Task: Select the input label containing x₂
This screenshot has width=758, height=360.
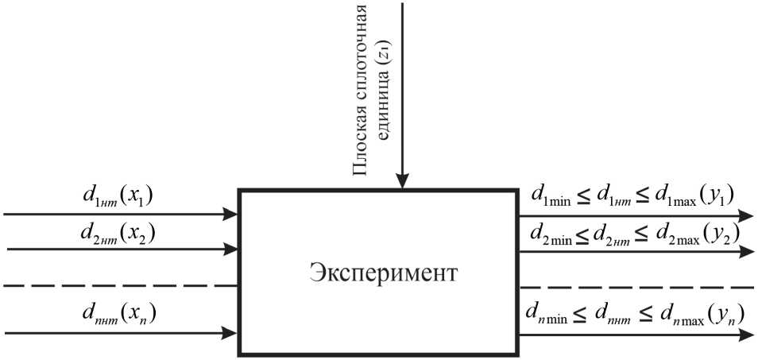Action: click(x=116, y=234)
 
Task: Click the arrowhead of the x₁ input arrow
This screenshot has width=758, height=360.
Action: click(x=231, y=215)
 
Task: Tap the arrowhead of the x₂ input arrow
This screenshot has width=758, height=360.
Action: click(x=231, y=249)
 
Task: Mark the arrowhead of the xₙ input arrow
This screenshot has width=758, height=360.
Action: click(x=231, y=334)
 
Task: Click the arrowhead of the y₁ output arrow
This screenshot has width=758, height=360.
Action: click(x=747, y=215)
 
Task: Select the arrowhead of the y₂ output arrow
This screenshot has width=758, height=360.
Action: click(x=747, y=252)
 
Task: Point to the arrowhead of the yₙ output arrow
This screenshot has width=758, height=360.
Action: click(x=747, y=335)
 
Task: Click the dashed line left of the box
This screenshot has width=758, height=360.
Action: click(x=119, y=285)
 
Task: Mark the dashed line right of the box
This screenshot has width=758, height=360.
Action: click(x=636, y=286)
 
